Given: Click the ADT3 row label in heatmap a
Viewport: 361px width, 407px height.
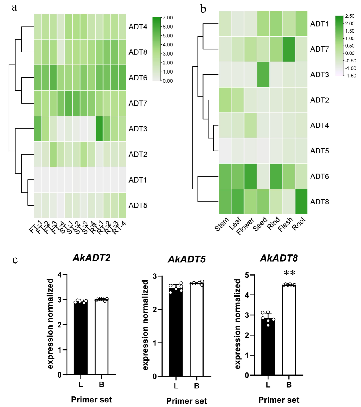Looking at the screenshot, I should point(138,129).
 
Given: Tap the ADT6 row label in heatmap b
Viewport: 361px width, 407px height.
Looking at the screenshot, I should point(319,177).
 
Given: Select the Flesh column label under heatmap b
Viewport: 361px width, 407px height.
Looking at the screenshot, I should point(285,224).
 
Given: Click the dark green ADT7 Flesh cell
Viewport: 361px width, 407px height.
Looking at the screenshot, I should point(289,49).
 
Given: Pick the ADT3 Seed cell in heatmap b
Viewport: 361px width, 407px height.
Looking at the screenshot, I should point(263,74).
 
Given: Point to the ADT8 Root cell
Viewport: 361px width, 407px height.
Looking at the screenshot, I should point(301,202).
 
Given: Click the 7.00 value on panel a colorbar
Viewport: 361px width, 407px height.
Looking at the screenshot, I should point(168,18).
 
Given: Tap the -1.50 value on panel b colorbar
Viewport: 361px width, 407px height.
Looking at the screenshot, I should point(350,76).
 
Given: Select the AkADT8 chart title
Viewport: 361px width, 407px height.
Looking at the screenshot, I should point(278,258).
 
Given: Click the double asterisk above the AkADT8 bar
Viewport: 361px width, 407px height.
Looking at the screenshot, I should point(290,273).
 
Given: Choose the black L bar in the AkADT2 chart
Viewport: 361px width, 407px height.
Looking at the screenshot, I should point(81,338).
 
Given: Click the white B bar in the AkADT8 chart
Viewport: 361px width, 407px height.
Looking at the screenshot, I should point(289,330).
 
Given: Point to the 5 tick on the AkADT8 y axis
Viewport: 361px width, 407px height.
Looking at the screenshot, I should point(247,275).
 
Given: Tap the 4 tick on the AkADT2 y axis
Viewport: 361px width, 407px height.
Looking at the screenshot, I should point(60,275).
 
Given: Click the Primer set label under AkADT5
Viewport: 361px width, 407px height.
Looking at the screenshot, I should point(186,401).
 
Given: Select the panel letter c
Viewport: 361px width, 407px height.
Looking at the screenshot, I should point(15,260).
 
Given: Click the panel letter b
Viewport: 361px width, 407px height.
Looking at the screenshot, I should point(203,9).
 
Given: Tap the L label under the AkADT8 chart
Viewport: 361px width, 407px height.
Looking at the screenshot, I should point(268,385).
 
